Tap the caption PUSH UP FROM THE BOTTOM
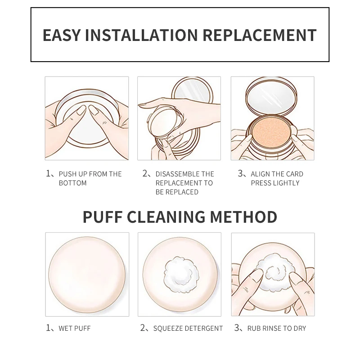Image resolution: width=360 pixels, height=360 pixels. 90,178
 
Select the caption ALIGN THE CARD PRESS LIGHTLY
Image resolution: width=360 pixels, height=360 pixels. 277,178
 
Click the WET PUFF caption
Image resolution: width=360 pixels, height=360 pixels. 74,328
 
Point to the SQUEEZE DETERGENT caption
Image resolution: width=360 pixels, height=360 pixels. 188,328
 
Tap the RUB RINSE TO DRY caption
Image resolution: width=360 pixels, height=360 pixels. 276,328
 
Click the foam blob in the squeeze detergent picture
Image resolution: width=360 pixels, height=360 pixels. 180,272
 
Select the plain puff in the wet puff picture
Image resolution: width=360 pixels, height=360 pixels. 87,274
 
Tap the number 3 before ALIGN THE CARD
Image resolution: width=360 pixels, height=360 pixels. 240,174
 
